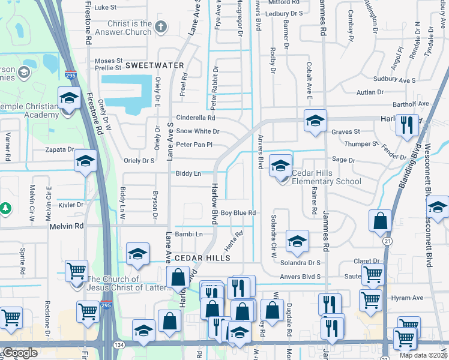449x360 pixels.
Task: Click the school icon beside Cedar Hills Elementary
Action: tap(280, 166)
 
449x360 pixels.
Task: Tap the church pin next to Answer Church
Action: tap(160, 26)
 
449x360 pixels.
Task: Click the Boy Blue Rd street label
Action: tap(238, 213)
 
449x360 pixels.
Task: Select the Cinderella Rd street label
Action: tap(195, 118)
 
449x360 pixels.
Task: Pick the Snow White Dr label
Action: tap(197, 131)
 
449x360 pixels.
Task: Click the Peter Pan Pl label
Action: tap(194, 145)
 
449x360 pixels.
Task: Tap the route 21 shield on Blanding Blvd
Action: tap(387, 240)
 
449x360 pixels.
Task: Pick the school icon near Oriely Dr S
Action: tap(85, 161)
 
